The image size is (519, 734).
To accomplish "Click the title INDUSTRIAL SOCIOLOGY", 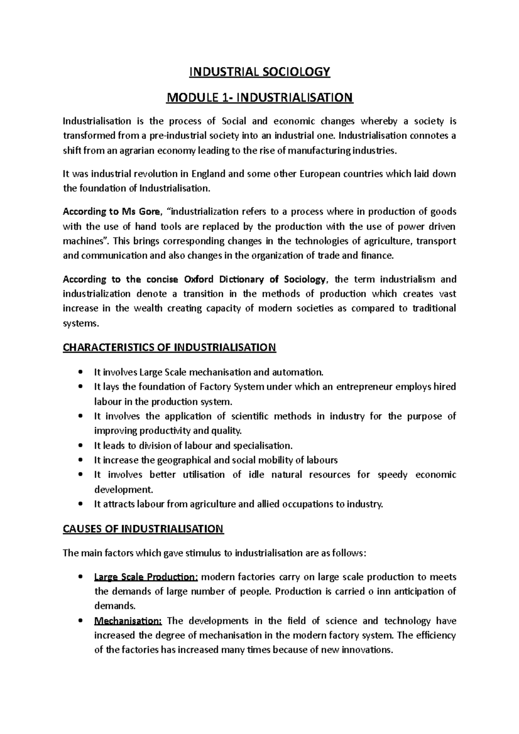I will (x=259, y=72).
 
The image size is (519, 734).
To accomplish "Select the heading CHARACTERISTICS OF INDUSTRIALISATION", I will (x=169, y=348).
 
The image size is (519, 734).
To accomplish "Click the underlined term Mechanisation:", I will (x=128, y=621).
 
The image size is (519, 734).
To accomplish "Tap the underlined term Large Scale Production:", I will (x=146, y=577).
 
